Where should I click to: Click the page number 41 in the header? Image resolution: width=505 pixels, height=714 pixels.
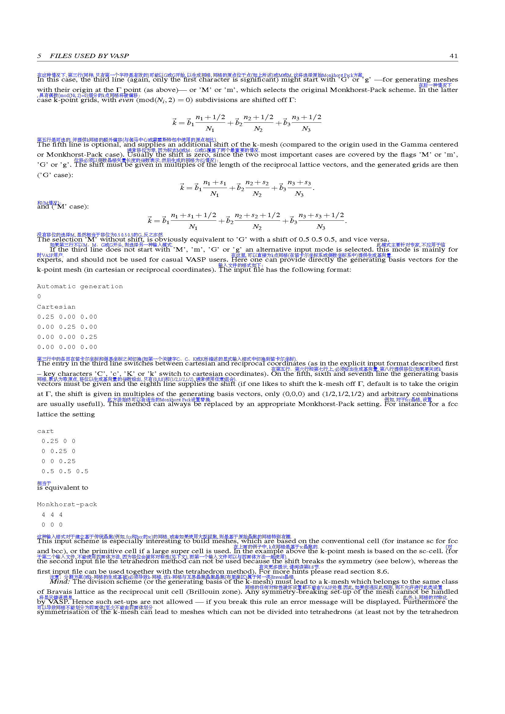tap(453, 56)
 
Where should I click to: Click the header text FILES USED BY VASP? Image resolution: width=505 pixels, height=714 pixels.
tap(89, 56)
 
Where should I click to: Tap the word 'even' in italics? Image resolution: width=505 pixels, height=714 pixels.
tap(126, 100)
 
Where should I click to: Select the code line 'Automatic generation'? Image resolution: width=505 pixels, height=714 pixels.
tap(80, 286)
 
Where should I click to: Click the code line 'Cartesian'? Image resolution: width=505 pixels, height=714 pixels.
tap(56, 307)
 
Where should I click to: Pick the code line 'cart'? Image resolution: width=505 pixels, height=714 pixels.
tap(46, 431)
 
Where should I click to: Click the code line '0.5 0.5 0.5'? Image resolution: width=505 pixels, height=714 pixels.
tap(65, 471)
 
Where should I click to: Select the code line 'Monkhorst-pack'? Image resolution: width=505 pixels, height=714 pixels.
tap(67, 504)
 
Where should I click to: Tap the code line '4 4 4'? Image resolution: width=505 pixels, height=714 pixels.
tap(52, 515)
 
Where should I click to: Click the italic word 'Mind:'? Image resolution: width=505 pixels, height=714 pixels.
tap(60, 582)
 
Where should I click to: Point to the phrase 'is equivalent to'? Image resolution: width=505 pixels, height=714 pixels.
tap(63, 487)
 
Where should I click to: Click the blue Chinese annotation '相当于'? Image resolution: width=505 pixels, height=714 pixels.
tap(44, 483)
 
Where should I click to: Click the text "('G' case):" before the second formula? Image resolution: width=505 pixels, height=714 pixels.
tap(55, 175)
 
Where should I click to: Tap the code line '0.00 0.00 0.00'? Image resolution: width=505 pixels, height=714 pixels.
tap(67, 347)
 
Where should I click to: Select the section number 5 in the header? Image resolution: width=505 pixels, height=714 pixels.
tap(39, 56)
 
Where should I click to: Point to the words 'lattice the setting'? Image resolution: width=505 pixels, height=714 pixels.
tap(66, 414)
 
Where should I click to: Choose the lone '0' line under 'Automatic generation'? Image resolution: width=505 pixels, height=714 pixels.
tap(39, 296)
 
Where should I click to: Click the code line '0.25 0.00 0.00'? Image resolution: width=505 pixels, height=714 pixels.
tap(67, 317)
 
